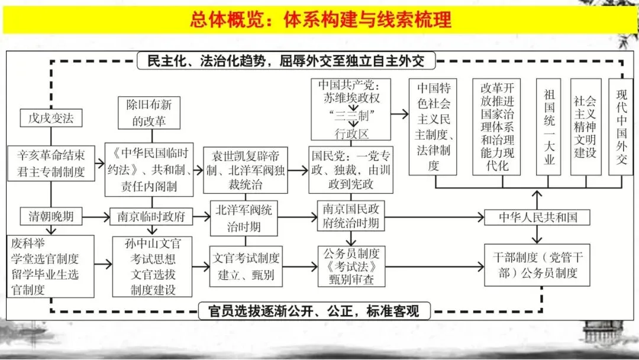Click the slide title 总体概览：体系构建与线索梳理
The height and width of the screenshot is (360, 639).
pos(320,20)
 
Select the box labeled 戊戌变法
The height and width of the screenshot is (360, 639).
pos(51,118)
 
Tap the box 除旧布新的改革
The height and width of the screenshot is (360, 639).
pos(149,112)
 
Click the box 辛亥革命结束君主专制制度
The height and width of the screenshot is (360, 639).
pos(50,164)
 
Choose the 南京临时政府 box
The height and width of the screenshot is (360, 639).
pos(148,217)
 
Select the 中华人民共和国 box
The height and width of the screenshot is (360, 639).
pos(537,217)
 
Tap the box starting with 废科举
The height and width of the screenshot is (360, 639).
pos(51,266)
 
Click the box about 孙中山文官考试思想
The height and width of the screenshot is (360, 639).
pos(153,266)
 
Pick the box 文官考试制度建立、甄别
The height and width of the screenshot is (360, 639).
pos(246,266)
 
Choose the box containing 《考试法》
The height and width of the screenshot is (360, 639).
pos(351,266)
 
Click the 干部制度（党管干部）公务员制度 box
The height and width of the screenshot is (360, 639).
pos(537,266)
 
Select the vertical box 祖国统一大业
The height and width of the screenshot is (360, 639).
pos(548,127)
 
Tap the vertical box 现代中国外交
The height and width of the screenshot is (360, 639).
pos(621,127)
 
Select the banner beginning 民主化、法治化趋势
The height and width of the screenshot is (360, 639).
pos(286,60)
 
